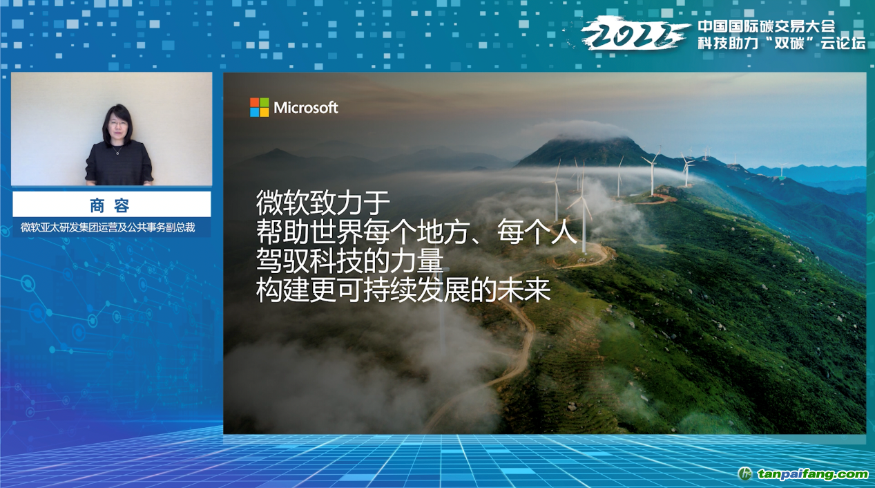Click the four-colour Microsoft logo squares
point(260,108)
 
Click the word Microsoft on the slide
point(306,108)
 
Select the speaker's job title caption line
point(108,227)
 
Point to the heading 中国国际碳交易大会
point(767,26)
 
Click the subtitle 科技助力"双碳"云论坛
point(781,43)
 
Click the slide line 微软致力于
point(323,203)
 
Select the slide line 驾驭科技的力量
point(350,261)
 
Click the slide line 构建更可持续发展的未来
point(403,290)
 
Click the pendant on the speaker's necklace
point(117,153)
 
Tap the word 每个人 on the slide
point(537,232)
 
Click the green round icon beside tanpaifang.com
point(745,474)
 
